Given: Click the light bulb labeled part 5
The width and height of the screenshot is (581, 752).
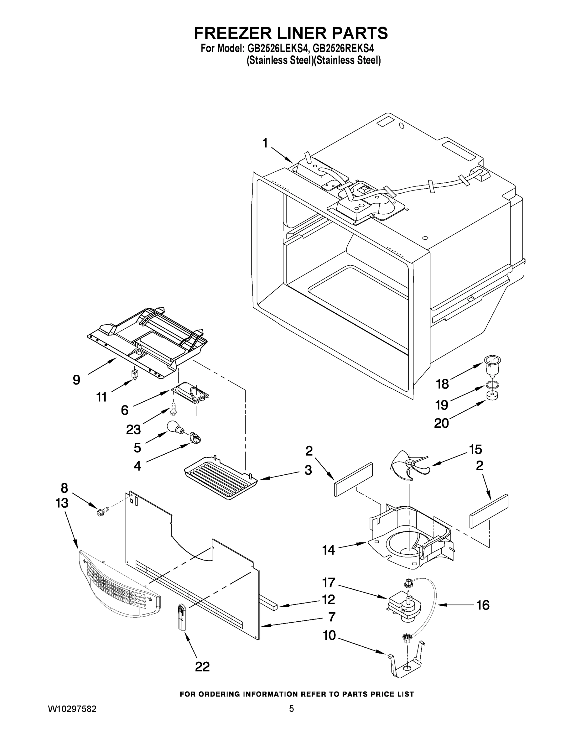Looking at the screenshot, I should point(175,428).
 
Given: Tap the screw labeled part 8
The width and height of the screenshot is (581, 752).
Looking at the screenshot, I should point(103,512).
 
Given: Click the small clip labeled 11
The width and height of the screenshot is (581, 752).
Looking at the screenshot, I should point(135,374).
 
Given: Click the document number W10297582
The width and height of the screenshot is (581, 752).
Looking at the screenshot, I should point(72,709).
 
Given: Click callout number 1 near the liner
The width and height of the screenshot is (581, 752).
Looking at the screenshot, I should point(265,143).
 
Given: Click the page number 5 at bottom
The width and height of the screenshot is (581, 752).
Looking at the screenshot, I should point(291,709).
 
